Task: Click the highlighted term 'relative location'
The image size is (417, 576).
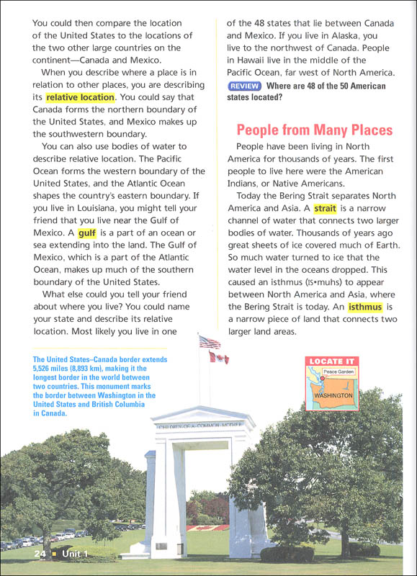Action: [x=80, y=97]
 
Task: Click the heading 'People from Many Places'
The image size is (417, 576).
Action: [x=315, y=130]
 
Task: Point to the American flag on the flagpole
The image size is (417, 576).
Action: [x=210, y=342]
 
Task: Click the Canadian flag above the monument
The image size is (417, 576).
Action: [x=219, y=358]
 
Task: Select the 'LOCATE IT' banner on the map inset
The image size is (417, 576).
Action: [x=331, y=361]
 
